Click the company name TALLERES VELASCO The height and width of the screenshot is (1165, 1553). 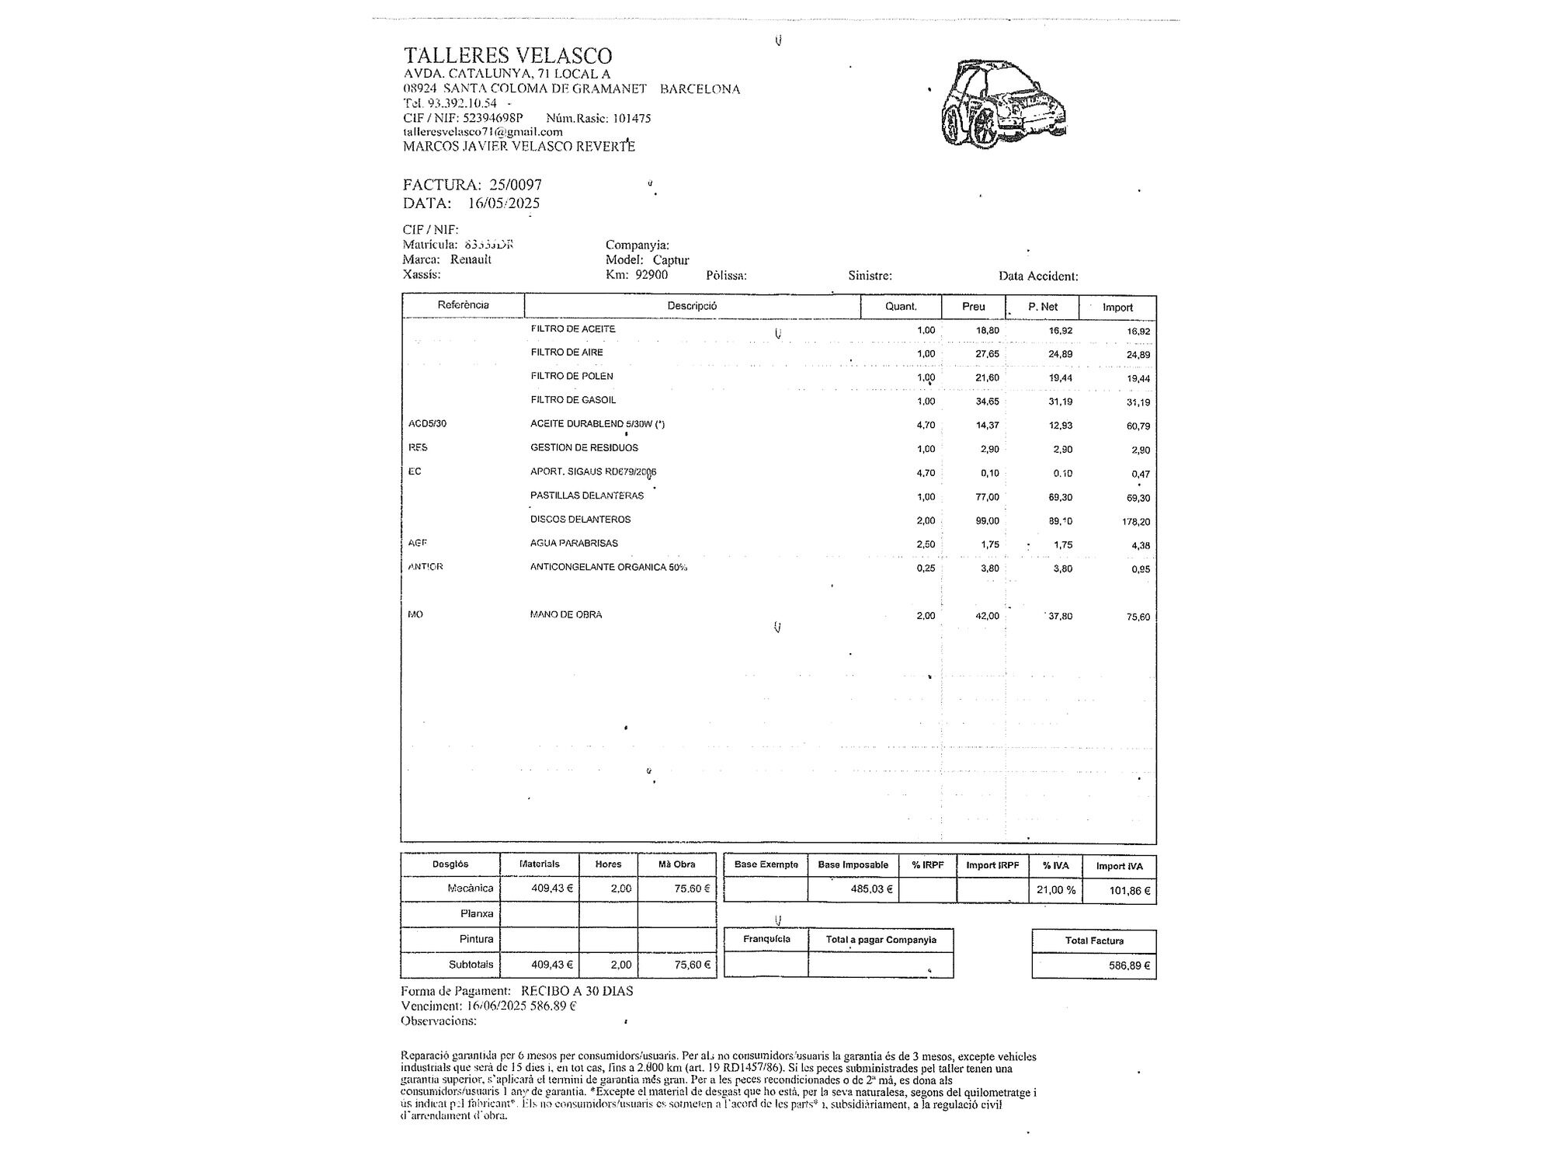coord(508,56)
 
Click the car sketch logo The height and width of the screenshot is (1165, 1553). coord(1002,103)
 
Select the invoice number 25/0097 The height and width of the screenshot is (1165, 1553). coord(516,185)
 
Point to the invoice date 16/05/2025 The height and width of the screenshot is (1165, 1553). coord(504,203)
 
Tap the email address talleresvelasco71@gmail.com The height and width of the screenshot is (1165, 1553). coord(483,132)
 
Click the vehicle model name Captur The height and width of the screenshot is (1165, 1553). coord(671,260)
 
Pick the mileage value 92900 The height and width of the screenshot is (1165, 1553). coord(651,275)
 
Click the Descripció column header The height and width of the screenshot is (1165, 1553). coord(692,306)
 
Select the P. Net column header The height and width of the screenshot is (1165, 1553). coord(1043,307)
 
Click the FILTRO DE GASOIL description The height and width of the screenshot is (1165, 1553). coord(573,400)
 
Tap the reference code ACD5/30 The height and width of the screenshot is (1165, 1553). coord(428,424)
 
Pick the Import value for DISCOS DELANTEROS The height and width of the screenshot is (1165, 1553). coord(1136,522)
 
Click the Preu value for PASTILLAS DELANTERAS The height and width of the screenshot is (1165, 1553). coord(988,497)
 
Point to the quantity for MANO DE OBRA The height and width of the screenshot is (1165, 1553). coord(926,616)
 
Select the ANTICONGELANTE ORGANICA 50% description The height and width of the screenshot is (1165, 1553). coord(609,567)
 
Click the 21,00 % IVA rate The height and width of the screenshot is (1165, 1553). coord(1056,890)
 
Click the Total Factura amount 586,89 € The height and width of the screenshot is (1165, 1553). coord(1130,966)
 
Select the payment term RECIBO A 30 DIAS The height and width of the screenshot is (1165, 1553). coord(577,991)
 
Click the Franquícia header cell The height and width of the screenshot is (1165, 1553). coord(766,940)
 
